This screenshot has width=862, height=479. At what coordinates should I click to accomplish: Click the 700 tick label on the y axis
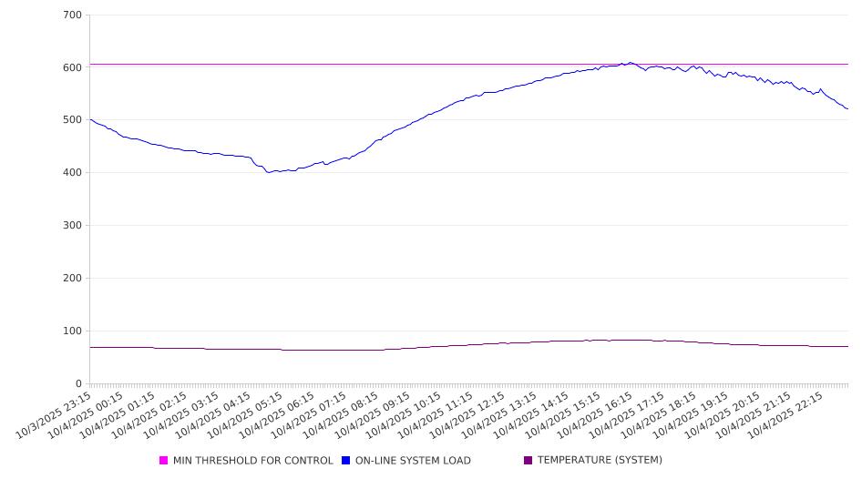click(72, 15)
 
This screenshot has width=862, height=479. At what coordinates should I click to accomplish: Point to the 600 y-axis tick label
click(72, 67)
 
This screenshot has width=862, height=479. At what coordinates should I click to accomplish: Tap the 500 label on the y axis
click(72, 120)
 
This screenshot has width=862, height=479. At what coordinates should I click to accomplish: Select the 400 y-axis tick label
click(72, 173)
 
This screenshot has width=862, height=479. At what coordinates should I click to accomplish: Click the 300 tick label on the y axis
click(72, 226)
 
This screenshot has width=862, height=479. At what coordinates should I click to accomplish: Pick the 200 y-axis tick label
click(72, 279)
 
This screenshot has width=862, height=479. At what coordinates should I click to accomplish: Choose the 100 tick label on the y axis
click(72, 331)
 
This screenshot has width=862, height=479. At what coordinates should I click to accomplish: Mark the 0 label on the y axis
click(78, 384)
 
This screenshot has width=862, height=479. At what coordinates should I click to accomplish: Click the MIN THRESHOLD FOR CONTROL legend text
click(252, 461)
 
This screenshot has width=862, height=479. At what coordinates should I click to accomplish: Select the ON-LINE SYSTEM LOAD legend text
click(413, 461)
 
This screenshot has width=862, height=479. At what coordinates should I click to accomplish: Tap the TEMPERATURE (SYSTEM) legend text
click(600, 461)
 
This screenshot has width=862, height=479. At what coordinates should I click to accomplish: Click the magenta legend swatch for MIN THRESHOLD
click(164, 461)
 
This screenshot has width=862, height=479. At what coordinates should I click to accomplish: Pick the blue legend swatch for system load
click(346, 461)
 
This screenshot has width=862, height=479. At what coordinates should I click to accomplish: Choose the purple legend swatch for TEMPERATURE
click(528, 461)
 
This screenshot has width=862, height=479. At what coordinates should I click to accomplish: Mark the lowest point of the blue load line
click(268, 172)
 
